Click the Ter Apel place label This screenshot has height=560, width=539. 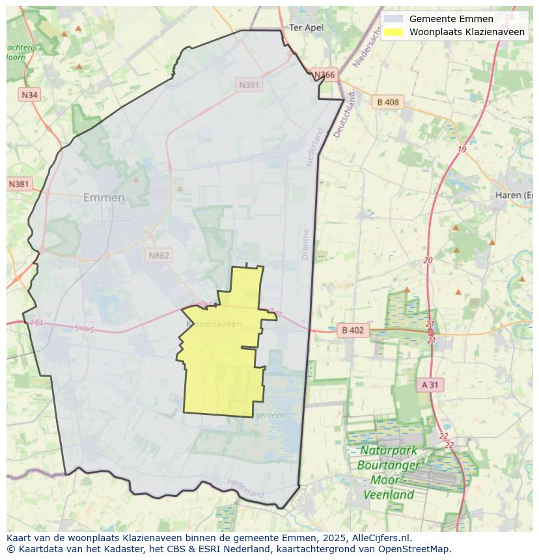(306, 27)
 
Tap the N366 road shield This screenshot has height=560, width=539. (324, 75)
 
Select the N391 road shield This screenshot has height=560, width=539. (249, 85)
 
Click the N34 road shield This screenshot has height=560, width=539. (29, 95)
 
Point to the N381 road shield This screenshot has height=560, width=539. (19, 184)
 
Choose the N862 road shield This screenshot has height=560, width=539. (158, 255)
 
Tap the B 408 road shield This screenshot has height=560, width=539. (388, 102)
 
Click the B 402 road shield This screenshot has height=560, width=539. (353, 330)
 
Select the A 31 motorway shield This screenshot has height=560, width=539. (430, 385)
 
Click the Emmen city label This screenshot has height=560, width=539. (104, 198)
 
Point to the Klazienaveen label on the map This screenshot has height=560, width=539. (214, 324)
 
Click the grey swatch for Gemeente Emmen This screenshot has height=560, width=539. (393, 19)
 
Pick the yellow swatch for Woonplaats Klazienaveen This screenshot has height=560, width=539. (393, 32)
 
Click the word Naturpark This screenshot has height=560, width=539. (389, 450)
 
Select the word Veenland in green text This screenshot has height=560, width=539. (388, 494)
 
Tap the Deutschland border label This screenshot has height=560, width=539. (344, 114)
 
